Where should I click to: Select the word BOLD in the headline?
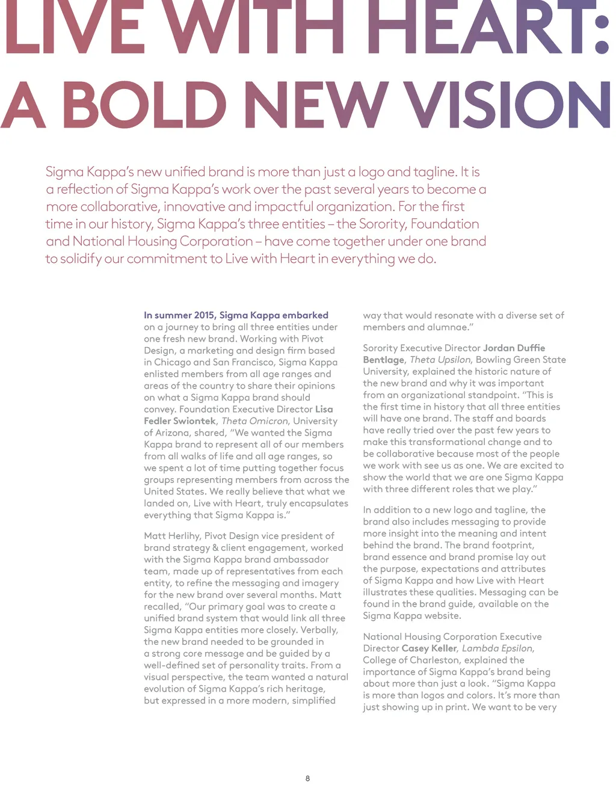(144, 105)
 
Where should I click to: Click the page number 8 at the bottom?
(307, 778)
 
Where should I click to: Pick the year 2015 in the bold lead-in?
(205, 315)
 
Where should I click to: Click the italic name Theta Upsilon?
(440, 360)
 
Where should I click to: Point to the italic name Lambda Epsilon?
(497, 648)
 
